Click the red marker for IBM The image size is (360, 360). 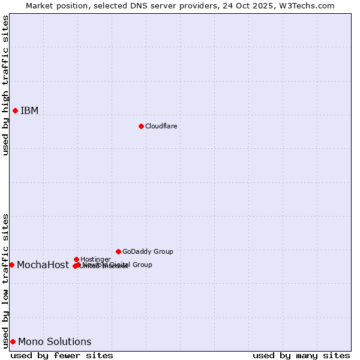pyautogui.click(x=15, y=110)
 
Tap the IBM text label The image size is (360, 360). pyautogui.click(x=29, y=110)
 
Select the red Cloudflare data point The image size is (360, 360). pyautogui.click(x=141, y=126)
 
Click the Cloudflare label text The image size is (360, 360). pyautogui.click(x=161, y=126)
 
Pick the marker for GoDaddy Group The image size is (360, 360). pyautogui.click(x=118, y=251)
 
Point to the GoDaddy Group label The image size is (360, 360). pyautogui.click(x=148, y=251)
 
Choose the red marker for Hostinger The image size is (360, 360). pyautogui.click(x=76, y=259)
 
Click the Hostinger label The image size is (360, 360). pyautogui.click(x=95, y=259)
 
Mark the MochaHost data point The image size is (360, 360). pyautogui.click(x=11, y=265)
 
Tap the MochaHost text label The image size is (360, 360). pyautogui.click(x=43, y=265)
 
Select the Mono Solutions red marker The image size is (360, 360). pyautogui.click(x=13, y=341)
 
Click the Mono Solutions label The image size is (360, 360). pyautogui.click(x=55, y=341)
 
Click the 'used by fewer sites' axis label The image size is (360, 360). pyautogui.click(x=62, y=355)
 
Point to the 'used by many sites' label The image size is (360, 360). pyautogui.click(x=301, y=355)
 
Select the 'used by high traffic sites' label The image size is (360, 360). pyautogui.click(x=5, y=85)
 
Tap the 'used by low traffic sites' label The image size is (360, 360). pyautogui.click(x=5, y=280)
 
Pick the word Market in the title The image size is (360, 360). pyautogui.click(x=40, y=5)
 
